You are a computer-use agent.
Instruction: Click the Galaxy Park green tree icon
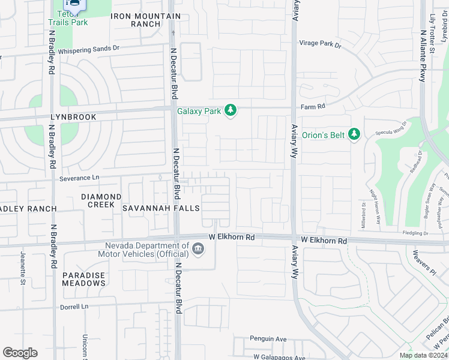click(x=230, y=110)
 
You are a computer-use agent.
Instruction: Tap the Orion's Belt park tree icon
click(x=354, y=134)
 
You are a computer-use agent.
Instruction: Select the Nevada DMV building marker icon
click(x=197, y=248)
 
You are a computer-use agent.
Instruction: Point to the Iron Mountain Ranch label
click(x=146, y=20)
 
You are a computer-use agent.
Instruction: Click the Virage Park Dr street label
click(x=321, y=44)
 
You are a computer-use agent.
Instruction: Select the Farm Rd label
click(x=313, y=106)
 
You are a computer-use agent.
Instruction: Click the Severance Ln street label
click(x=79, y=178)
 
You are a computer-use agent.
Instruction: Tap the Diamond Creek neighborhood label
click(x=101, y=200)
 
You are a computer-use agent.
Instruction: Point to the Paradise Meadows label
click(x=84, y=279)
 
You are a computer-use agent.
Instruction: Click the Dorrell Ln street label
click(x=74, y=307)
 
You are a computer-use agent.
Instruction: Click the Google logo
click(x=20, y=353)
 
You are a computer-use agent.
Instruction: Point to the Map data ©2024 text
click(x=423, y=355)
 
